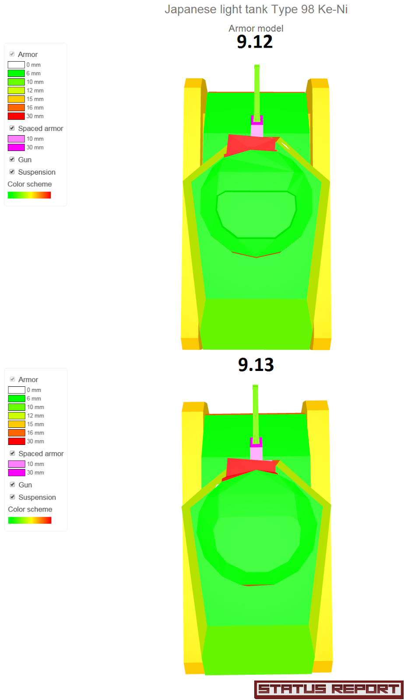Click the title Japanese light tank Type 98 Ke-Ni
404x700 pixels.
coord(256,9)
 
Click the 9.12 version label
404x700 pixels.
coord(255,42)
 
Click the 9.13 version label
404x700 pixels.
coord(256,364)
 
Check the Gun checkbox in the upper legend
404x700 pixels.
coord(12,159)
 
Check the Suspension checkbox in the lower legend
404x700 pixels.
coord(13,497)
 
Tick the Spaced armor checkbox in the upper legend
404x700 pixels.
coord(12,128)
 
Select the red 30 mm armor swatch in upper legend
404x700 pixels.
coord(16,116)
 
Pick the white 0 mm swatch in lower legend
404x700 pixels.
coord(17,390)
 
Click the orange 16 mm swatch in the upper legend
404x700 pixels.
coord(16,108)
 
